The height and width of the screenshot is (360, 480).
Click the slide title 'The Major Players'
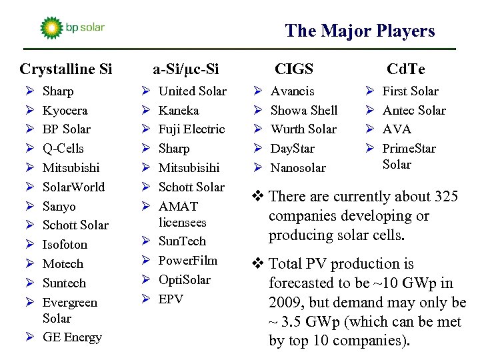[359, 31]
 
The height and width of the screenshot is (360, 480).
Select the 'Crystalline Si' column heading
[66, 69]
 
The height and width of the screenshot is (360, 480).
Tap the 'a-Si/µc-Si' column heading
[186, 69]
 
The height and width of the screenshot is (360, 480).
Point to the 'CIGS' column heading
[294, 69]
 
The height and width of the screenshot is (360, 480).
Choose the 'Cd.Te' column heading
[406, 69]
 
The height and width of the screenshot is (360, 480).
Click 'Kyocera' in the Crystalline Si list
[65, 110]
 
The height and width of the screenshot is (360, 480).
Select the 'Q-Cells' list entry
[63, 148]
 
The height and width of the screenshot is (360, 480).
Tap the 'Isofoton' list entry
[65, 245]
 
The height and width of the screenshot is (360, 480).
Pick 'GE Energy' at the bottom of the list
[72, 337]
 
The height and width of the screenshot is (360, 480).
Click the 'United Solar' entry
[192, 91]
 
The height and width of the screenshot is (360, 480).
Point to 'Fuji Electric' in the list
[191, 129]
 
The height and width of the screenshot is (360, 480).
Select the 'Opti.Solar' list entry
[184, 279]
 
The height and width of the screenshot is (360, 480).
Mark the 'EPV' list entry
[171, 299]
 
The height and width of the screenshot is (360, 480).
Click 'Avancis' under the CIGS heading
[292, 91]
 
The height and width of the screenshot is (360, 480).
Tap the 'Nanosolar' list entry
[298, 167]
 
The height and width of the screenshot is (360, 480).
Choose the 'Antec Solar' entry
[414, 110]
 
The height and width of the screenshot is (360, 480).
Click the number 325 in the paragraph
[445, 197]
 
